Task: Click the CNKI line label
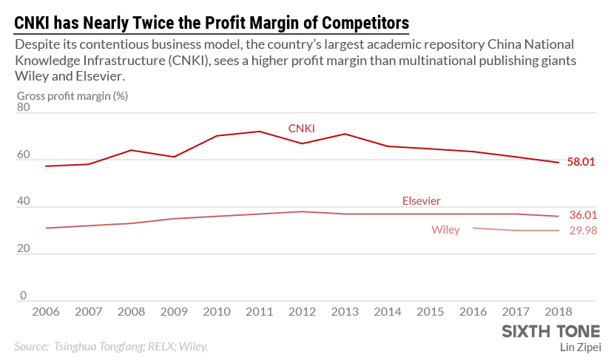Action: [x=301, y=129]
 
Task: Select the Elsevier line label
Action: [x=422, y=200]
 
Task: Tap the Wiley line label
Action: [x=445, y=230]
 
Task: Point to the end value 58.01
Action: [x=581, y=161]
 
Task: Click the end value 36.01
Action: [x=581, y=215]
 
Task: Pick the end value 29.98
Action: [x=581, y=231]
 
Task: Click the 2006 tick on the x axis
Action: [x=46, y=313]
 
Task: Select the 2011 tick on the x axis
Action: [x=260, y=313]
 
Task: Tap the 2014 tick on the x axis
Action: [x=388, y=313]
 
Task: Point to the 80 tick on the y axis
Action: [x=24, y=107]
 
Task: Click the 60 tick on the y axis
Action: [x=24, y=154]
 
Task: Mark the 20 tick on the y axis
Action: [x=24, y=248]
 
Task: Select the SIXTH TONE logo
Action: [x=551, y=330]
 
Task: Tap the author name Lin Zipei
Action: [x=581, y=346]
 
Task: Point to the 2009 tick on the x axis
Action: [x=175, y=313]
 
